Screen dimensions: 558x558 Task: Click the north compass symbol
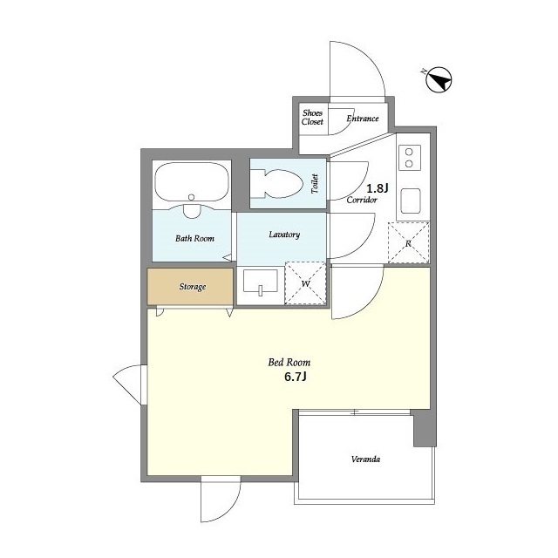tap(439, 79)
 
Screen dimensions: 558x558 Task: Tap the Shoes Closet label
tap(312, 118)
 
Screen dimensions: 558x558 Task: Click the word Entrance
tap(363, 119)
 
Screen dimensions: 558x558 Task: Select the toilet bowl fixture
tap(276, 183)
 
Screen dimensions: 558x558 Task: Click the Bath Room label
tap(194, 238)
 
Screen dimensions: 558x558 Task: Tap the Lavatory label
tap(284, 235)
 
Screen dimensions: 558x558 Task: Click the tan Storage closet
tap(190, 287)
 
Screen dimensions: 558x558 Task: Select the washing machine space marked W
tap(305, 283)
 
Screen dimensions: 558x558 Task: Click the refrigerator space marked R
tap(408, 243)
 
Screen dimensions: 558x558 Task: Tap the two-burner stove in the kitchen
tap(409, 158)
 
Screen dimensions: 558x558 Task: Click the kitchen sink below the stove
tap(411, 201)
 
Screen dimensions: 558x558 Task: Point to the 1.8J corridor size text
tap(378, 187)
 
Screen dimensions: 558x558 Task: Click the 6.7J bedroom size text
tap(296, 377)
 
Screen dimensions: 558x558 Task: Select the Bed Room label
tap(289, 363)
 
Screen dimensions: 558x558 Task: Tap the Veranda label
tap(365, 459)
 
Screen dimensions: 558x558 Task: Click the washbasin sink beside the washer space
tap(260, 282)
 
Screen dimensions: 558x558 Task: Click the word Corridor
tap(362, 200)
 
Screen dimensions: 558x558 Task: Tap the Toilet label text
tap(315, 184)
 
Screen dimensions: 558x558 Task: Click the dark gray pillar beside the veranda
tap(425, 428)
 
